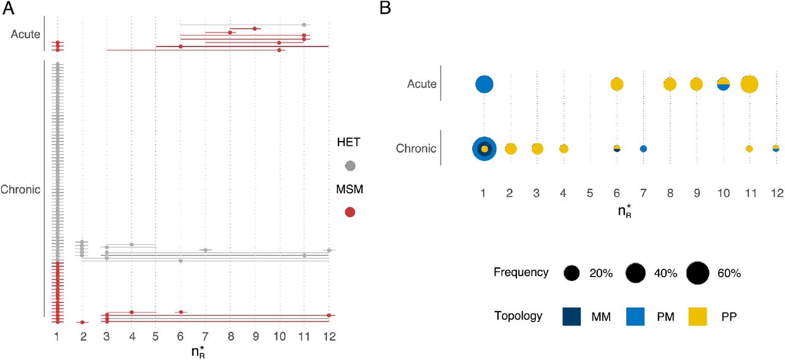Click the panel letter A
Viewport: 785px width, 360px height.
pyautogui.click(x=9, y=9)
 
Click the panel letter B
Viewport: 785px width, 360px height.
pyautogui.click(x=385, y=9)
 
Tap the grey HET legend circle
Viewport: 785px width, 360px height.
pyautogui.click(x=350, y=166)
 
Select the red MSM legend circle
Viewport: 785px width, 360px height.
pyautogui.click(x=350, y=212)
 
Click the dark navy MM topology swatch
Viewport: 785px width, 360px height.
pyautogui.click(x=572, y=316)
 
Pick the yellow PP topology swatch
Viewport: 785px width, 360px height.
pyautogui.click(x=697, y=316)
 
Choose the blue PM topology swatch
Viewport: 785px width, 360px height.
pyautogui.click(x=635, y=316)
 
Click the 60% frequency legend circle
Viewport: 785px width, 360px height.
pyautogui.click(x=698, y=273)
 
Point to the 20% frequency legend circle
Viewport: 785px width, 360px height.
pyautogui.click(x=572, y=273)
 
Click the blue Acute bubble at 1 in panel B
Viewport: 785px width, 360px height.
pyautogui.click(x=484, y=85)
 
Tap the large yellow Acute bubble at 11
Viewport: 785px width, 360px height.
pyautogui.click(x=749, y=85)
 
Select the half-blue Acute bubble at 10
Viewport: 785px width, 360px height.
pyautogui.click(x=723, y=85)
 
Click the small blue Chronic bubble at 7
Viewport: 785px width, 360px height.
pyautogui.click(x=643, y=149)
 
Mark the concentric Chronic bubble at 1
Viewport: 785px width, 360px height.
pyautogui.click(x=484, y=149)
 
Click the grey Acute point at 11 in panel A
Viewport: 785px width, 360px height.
pyautogui.click(x=304, y=25)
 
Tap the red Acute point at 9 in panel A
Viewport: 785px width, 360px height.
pyautogui.click(x=255, y=29)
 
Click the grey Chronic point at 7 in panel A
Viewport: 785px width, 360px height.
pyautogui.click(x=205, y=250)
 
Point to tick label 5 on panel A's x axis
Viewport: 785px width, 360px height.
pyautogui.click(x=156, y=337)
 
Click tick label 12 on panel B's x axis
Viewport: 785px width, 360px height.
pyautogui.click(x=777, y=193)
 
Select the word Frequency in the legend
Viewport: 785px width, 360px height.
pyautogui.click(x=521, y=272)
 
